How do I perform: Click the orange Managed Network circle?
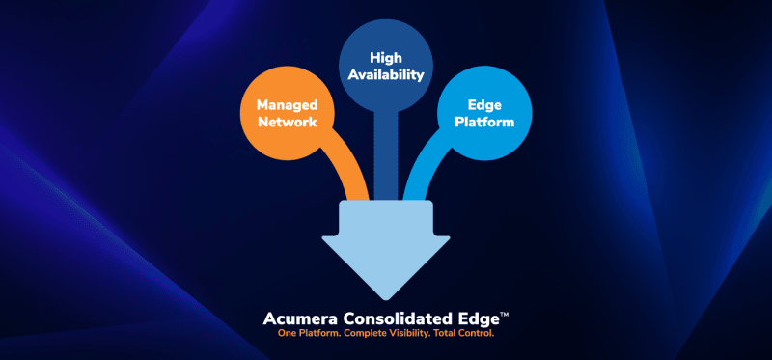[x=288, y=113]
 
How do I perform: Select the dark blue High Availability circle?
[x=386, y=67]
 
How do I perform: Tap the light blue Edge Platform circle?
[x=484, y=113]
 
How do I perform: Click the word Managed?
[x=288, y=105]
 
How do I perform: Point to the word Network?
[x=288, y=122]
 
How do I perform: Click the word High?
[x=386, y=58]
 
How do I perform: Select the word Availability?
[x=386, y=75]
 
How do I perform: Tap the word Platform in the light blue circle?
[x=484, y=122]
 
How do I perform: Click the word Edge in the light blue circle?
[x=484, y=105]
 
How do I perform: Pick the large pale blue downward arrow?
[x=386, y=251]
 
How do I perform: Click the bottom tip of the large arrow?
[x=386, y=300]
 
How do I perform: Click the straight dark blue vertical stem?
[x=385, y=156]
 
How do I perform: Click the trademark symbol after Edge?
[x=504, y=315]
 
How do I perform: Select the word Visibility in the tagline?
[x=404, y=334]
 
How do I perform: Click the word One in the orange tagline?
[x=287, y=334]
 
